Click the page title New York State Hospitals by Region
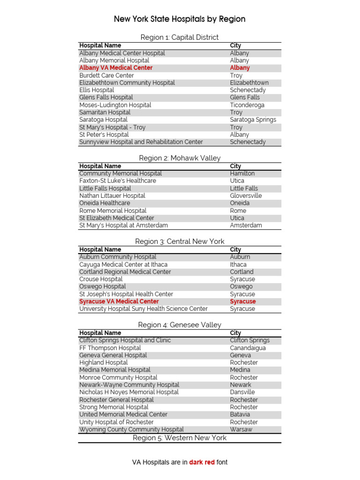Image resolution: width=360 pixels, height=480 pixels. (x=180, y=19)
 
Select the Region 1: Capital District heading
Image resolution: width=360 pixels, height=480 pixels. (x=180, y=37)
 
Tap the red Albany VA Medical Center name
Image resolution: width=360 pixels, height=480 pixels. (x=116, y=68)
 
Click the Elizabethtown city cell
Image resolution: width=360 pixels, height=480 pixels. (x=249, y=83)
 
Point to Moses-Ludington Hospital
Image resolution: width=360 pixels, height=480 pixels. (x=115, y=105)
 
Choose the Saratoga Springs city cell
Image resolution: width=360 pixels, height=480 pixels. (x=253, y=120)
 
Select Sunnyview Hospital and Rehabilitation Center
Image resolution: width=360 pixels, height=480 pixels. (x=141, y=142)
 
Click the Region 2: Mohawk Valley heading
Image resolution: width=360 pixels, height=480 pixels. (x=180, y=158)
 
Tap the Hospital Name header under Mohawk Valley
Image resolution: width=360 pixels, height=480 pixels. (x=100, y=166)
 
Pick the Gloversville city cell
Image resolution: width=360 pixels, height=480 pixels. (x=246, y=196)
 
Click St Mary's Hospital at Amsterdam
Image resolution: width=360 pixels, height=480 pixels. (x=124, y=225)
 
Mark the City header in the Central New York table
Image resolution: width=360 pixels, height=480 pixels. (x=235, y=250)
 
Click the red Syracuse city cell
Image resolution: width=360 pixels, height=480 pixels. (x=243, y=301)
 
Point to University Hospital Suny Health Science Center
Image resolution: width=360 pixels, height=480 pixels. (x=143, y=309)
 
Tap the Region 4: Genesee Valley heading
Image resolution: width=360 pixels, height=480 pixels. (x=180, y=325)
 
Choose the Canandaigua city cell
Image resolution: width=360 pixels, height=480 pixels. (x=247, y=348)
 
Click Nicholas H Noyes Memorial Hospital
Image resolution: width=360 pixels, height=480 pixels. (x=129, y=392)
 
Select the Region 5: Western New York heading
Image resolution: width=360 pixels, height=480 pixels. (x=180, y=438)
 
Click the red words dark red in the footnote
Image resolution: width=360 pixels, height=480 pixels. (x=202, y=462)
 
